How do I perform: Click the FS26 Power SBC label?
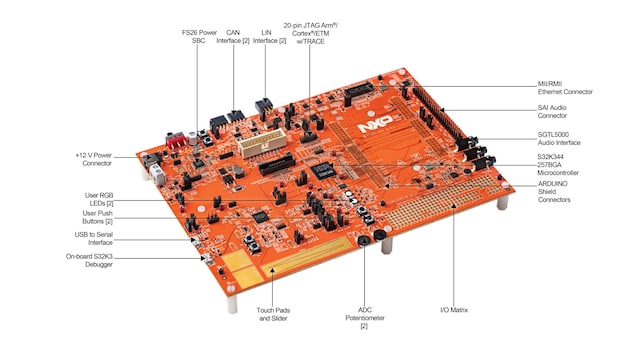[199, 36]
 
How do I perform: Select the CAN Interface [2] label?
[233, 36]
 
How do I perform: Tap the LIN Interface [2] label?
[269, 36]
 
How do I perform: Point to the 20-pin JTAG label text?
[311, 33]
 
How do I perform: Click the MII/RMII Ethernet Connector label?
[565, 88]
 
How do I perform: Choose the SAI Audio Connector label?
[552, 111]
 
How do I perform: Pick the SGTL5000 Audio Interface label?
[559, 138]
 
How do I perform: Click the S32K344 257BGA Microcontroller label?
[558, 164]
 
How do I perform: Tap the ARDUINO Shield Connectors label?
[554, 191]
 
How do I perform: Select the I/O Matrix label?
[454, 310]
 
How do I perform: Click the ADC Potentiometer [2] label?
[364, 318]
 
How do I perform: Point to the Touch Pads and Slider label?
[273, 314]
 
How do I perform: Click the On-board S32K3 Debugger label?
[89, 260]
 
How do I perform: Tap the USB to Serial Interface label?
[93, 238]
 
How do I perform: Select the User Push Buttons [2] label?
[98, 217]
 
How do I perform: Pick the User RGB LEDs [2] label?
[99, 199]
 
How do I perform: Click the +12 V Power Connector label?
[93, 159]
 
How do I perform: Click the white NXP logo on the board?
[376, 123]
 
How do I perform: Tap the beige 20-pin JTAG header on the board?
[262, 143]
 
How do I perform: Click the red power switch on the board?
[176, 140]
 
